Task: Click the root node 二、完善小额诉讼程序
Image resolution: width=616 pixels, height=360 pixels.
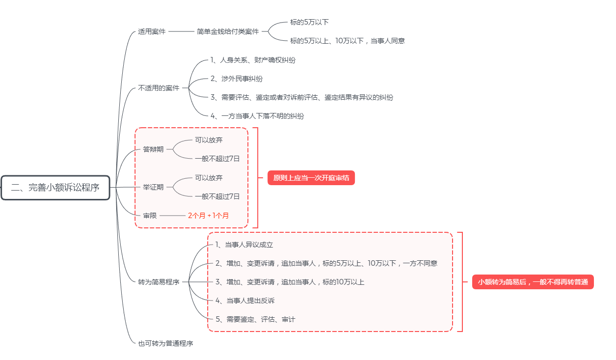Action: pyautogui.click(x=55, y=188)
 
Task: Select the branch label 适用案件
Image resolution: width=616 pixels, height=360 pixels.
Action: pyautogui.click(x=152, y=31)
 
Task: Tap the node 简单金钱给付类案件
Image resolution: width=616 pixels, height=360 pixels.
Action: pyautogui.click(x=228, y=31)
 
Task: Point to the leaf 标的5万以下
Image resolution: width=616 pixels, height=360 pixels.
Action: pyautogui.click(x=309, y=22)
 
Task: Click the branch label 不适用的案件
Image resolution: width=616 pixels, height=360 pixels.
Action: pyautogui.click(x=159, y=88)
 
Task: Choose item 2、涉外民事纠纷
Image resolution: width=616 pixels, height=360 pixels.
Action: pyautogui.click(x=237, y=79)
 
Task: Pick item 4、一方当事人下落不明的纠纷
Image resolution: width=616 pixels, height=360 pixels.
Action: pyautogui.click(x=257, y=116)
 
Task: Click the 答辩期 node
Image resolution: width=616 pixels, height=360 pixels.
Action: pyautogui.click(x=153, y=149)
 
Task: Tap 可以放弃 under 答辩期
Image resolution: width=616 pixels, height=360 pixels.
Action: pyautogui.click(x=209, y=140)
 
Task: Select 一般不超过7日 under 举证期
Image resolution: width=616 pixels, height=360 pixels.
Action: pyautogui.click(x=217, y=196)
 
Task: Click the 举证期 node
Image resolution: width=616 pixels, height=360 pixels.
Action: pyautogui.click(x=153, y=188)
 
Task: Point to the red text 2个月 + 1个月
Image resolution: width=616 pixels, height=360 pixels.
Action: pyautogui.click(x=208, y=216)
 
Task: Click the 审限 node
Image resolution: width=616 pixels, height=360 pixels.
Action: pyautogui.click(x=150, y=216)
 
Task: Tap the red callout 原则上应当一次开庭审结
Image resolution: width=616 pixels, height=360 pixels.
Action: pyautogui.click(x=311, y=178)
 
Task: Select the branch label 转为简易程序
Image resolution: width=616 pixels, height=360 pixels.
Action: pyautogui.click(x=159, y=282)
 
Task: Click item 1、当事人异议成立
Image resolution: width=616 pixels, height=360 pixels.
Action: pyautogui.click(x=244, y=245)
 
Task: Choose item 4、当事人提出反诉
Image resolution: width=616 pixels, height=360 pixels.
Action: pyautogui.click(x=245, y=301)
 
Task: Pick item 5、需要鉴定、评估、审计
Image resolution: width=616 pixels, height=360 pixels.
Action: pyautogui.click(x=255, y=319)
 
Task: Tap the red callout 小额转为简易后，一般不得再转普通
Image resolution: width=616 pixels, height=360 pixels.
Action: pyautogui.click(x=533, y=282)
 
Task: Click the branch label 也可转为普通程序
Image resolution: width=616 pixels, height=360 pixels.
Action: pyautogui.click(x=165, y=343)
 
